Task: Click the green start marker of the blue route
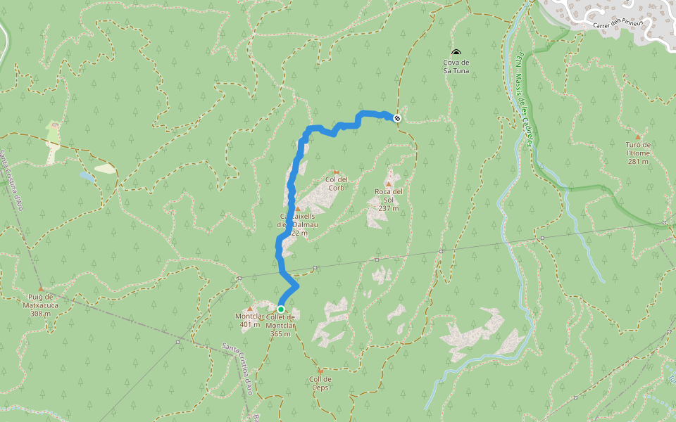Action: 281,309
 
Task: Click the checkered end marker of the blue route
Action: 398,118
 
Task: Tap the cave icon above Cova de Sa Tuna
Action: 456,53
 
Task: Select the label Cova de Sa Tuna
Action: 456,67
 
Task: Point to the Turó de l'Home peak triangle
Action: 638,136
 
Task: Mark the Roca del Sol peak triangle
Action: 388,184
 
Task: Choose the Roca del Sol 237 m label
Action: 388,200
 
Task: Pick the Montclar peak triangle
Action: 249,309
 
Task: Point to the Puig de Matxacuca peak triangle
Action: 41,288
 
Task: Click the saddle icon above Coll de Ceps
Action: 320,370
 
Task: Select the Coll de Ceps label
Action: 320,383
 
